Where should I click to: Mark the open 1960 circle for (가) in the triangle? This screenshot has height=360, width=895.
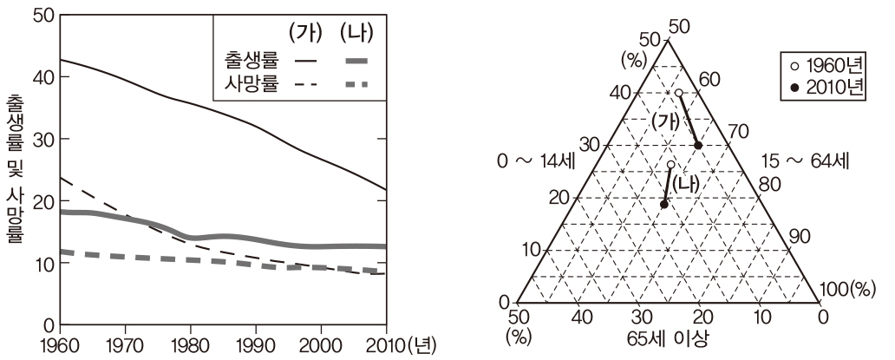(678, 93)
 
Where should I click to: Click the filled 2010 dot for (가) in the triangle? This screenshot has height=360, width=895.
(698, 146)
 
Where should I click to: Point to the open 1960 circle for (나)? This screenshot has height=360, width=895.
(670, 164)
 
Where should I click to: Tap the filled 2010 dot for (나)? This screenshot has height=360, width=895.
(663, 205)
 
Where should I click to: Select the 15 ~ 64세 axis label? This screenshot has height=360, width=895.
(805, 160)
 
